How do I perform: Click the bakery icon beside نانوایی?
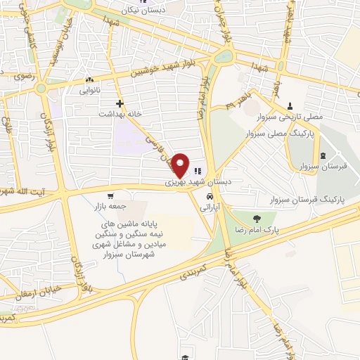click(89, 80)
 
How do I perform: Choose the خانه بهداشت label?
click(120, 113)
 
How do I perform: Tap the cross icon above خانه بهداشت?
click(120, 103)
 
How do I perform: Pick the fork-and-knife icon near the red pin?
click(198, 169)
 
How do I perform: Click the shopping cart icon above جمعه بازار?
click(110, 196)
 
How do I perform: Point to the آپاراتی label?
click(210, 208)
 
